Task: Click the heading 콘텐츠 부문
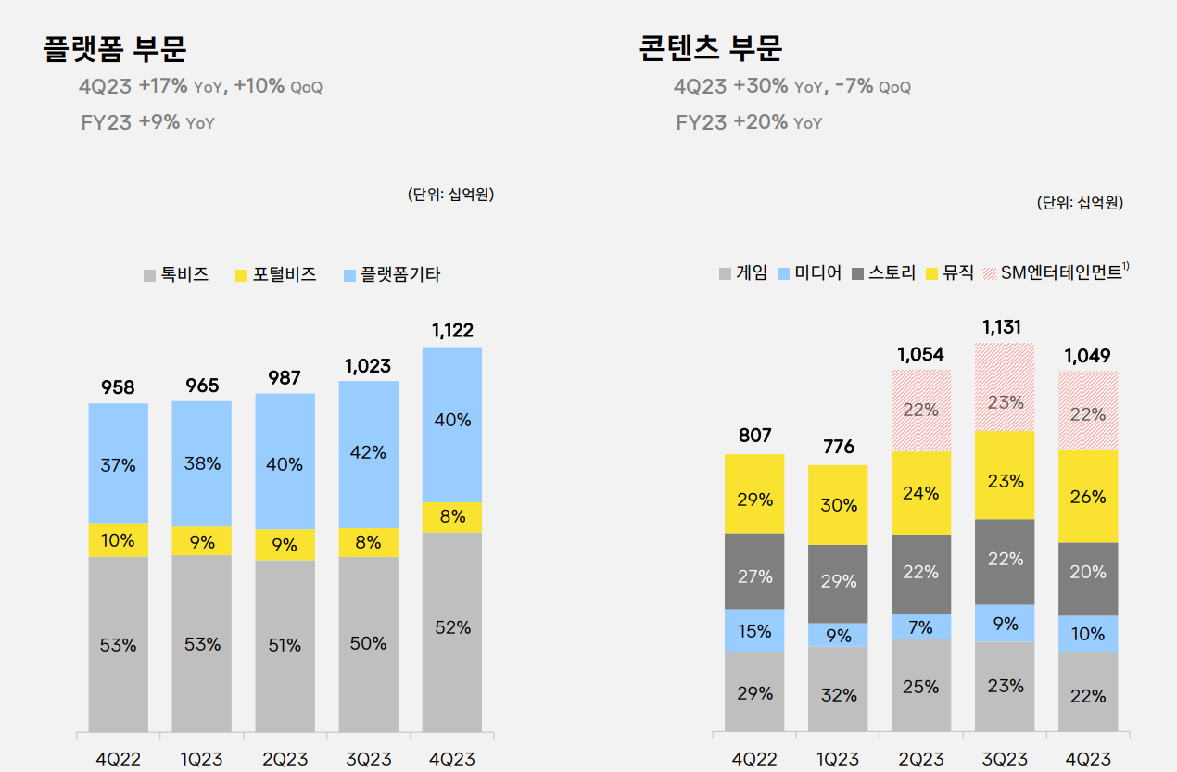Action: coord(710,47)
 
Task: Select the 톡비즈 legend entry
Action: coord(176,275)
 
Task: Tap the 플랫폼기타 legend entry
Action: coord(391,275)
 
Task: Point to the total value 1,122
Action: coord(452,330)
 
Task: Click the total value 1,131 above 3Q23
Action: coord(1005,326)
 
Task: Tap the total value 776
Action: coord(838,447)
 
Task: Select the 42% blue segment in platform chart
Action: coord(369,454)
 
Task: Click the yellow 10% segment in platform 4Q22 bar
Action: coord(119,540)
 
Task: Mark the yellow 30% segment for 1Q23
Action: coord(838,505)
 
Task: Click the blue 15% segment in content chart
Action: coord(754,631)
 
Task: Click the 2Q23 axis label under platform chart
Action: coord(285,759)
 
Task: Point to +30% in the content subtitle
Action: coord(760,86)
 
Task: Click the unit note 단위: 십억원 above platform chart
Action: coord(450,195)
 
